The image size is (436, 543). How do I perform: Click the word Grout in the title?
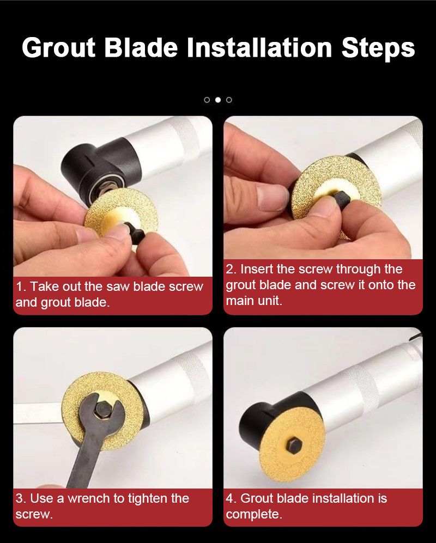point(58,47)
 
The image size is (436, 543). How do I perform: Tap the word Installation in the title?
point(259,47)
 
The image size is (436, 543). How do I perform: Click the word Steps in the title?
point(378,48)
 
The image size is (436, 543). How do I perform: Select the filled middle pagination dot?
point(218,100)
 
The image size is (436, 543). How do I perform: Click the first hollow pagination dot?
point(207,100)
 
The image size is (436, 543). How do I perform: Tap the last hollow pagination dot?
point(229,100)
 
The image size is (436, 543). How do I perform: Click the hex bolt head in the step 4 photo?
point(295,445)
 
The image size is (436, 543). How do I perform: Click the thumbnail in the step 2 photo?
point(271,197)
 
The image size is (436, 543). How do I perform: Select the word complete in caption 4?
point(254,515)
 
